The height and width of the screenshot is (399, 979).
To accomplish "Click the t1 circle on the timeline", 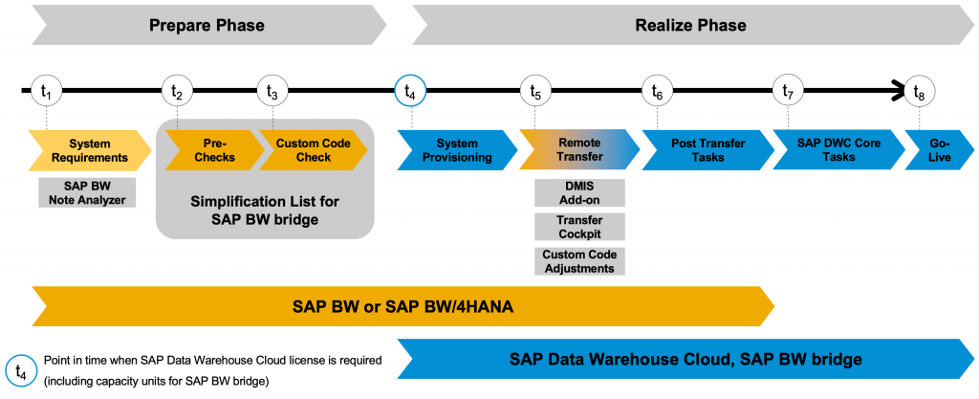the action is coord(47,92).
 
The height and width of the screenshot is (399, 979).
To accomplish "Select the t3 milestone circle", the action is coord(272,92).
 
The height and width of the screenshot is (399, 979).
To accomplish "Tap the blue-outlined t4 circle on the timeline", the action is coord(410,92).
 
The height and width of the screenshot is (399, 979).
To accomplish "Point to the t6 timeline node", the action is coord(658,92).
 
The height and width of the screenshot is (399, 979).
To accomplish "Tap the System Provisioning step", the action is coord(457,150).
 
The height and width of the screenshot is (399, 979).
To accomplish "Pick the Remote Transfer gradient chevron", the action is coord(579,150).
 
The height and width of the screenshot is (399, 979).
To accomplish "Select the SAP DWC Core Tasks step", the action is coord(838,150).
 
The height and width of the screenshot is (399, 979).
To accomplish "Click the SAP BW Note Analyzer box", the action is coord(87,193).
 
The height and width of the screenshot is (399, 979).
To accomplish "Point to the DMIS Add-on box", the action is coord(579,193).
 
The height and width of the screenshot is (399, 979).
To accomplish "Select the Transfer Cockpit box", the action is coord(579,228).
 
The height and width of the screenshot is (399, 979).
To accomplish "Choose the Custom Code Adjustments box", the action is coord(579,261).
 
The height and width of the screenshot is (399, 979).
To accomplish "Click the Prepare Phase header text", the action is coord(207,26).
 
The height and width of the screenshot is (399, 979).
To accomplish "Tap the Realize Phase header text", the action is coord(690,26).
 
